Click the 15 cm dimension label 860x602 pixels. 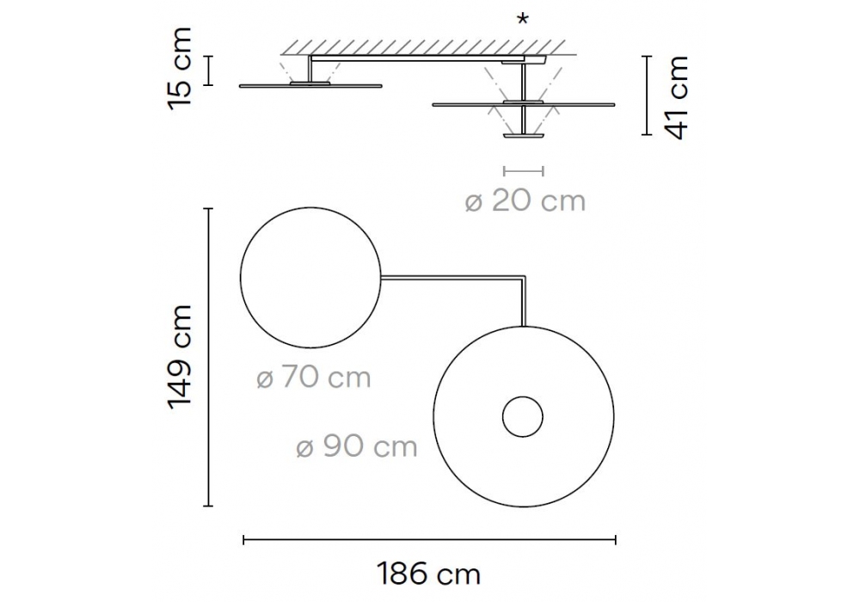(x=181, y=70)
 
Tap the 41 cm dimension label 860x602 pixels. (x=674, y=97)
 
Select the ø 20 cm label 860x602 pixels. (x=525, y=201)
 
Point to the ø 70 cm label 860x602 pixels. (x=314, y=378)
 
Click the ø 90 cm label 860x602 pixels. (x=357, y=447)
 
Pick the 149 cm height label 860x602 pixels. (x=181, y=357)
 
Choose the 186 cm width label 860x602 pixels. (x=429, y=574)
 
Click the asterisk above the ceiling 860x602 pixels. (x=523, y=20)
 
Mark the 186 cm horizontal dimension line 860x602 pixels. (x=429, y=540)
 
